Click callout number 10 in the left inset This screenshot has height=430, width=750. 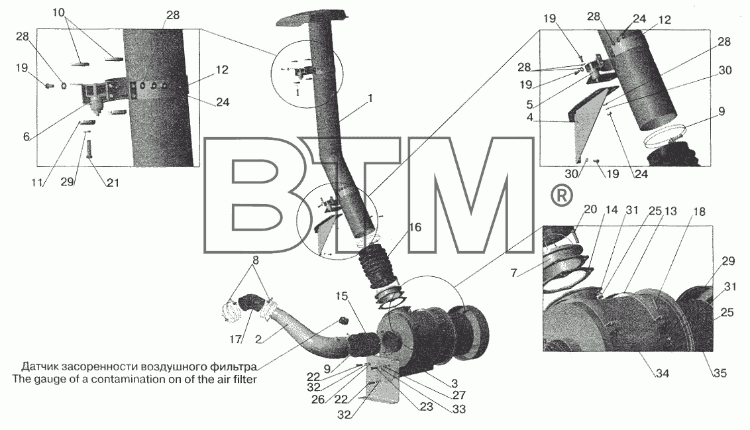point(59,13)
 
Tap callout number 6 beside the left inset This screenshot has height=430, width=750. point(26,136)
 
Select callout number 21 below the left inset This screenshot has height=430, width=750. point(113,182)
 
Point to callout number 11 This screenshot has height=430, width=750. point(37,182)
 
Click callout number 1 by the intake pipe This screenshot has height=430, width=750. point(369,99)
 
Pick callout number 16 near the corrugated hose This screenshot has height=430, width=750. point(415,227)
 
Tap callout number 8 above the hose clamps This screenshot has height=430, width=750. point(256,260)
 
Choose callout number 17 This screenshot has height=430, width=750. point(235,339)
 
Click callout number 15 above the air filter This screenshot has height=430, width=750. point(341,296)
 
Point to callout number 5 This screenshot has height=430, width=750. point(529,104)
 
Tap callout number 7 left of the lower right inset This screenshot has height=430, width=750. point(513,273)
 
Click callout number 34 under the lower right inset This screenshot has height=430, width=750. point(662,372)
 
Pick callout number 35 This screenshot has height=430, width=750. point(720,372)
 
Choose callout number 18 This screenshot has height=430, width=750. point(699,211)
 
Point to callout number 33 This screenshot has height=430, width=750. point(459,409)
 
